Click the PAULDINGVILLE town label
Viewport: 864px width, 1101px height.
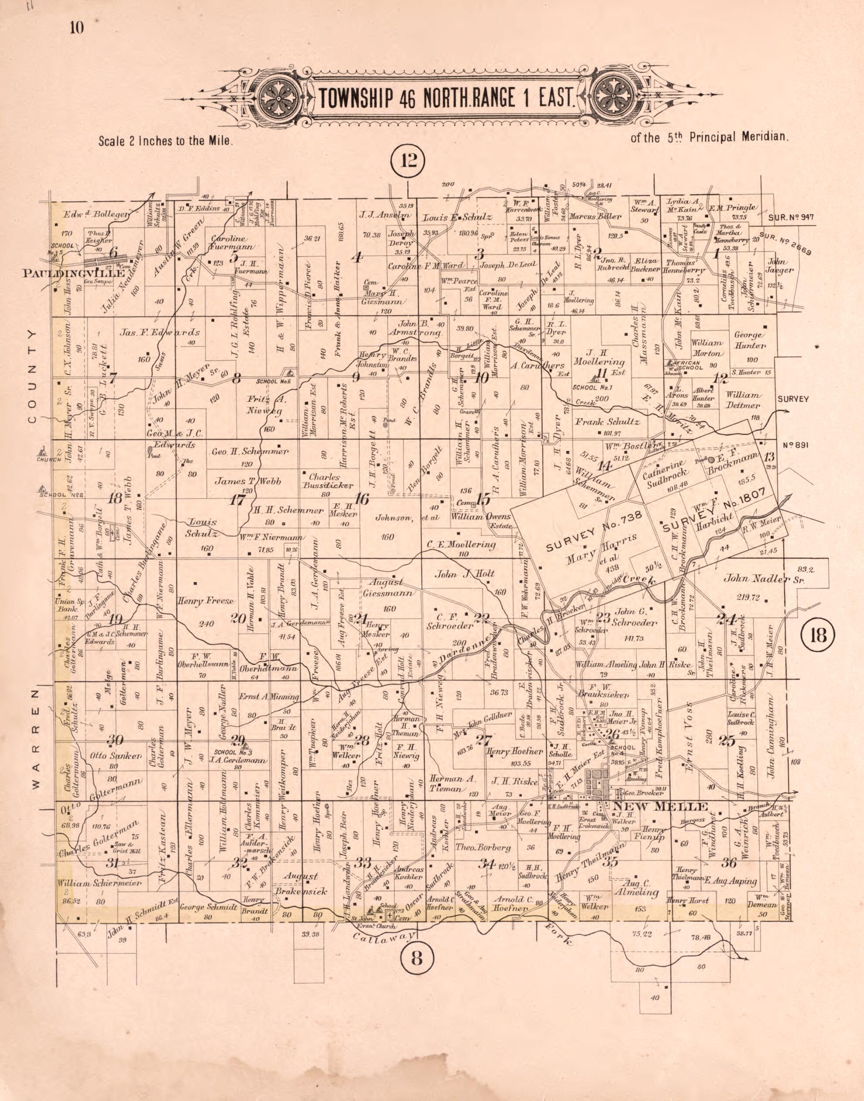(74, 274)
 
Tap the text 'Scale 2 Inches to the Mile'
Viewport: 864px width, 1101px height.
(166, 142)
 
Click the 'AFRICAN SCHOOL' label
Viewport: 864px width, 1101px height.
(685, 366)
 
